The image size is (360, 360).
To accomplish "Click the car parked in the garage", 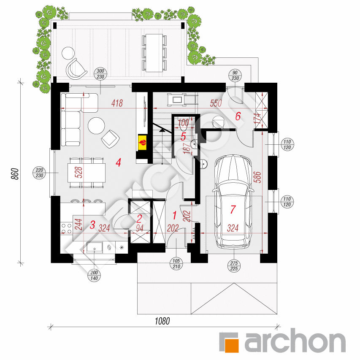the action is click(233, 202).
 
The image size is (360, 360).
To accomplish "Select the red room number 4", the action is click(118, 162).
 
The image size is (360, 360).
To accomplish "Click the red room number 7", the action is click(233, 209).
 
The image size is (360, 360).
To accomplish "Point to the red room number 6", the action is click(238, 116).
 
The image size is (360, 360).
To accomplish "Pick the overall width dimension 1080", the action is click(162, 321).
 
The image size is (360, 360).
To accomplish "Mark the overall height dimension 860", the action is click(15, 174).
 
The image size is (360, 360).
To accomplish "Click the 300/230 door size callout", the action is click(100, 74).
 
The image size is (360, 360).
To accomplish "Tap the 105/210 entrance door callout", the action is click(176, 264).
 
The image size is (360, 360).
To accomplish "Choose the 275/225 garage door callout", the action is click(234, 266).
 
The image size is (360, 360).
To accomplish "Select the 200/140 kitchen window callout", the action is click(94, 275).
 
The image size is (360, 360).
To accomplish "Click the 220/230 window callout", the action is click(40, 173).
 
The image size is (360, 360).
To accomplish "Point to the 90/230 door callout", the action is click(235, 75).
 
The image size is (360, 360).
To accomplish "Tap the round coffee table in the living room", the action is click(96, 126).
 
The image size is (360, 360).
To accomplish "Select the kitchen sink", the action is click(95, 247).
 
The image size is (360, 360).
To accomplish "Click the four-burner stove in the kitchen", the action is click(67, 228).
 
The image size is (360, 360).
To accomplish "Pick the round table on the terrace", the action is click(68, 53).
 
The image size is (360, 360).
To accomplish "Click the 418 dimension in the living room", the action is click(117, 103).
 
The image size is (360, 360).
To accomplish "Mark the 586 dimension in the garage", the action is click(257, 177).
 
